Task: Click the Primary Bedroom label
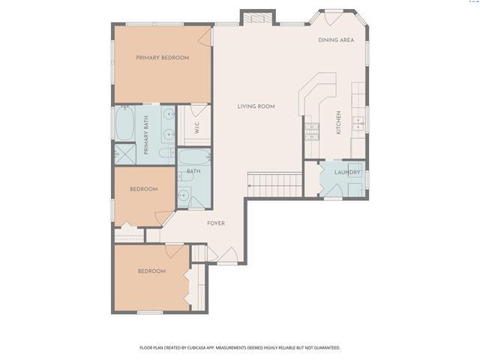(163, 58)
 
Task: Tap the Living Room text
(256, 106)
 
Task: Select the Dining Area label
(336, 40)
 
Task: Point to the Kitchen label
(338, 122)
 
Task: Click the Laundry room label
(347, 172)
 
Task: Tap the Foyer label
(216, 223)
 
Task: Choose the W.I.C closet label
(196, 127)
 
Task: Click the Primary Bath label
(146, 135)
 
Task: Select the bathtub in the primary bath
(124, 123)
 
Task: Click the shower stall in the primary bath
(125, 154)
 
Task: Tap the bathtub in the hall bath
(195, 157)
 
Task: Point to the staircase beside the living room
(275, 184)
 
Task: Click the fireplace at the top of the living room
(257, 18)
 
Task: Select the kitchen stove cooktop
(312, 132)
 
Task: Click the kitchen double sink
(358, 124)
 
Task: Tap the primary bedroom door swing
(205, 37)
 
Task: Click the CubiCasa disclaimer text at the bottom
(240, 348)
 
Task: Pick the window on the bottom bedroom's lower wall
(150, 313)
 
